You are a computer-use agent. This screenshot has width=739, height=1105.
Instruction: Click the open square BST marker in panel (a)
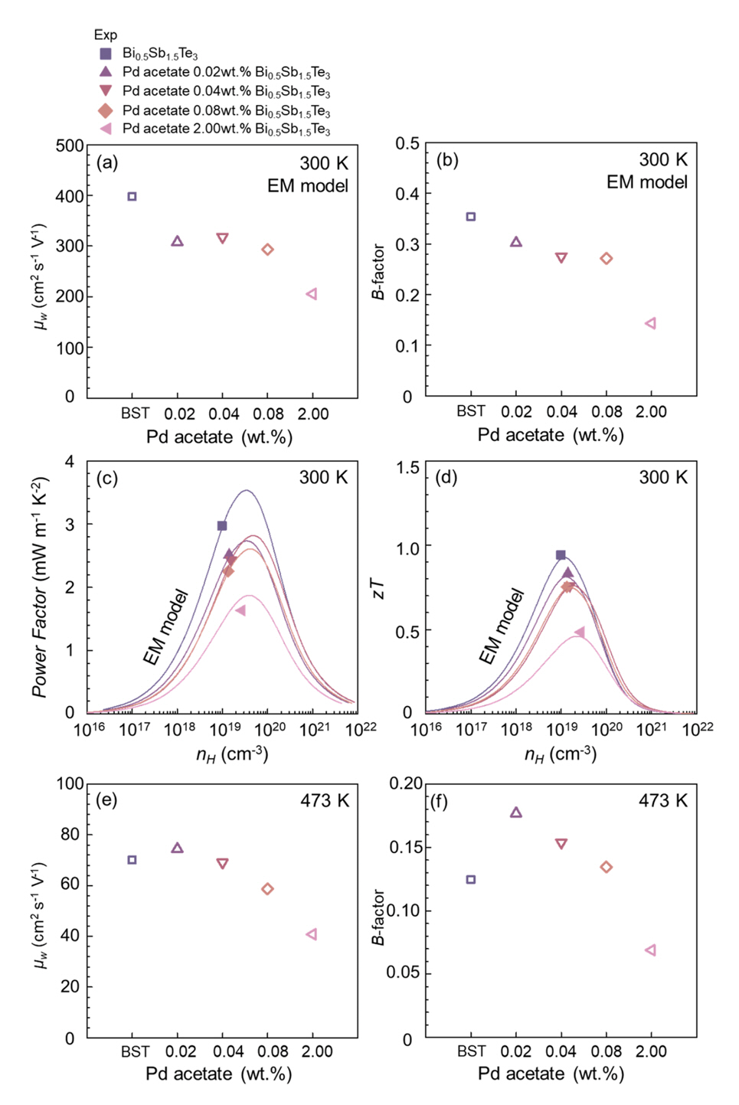click(132, 197)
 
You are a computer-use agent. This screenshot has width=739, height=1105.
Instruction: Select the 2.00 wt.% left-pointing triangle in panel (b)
click(651, 323)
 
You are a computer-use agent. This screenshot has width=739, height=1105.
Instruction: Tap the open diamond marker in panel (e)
click(267, 889)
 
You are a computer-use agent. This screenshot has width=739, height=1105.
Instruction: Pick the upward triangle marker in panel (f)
click(516, 812)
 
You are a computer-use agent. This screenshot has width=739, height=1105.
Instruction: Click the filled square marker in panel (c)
click(222, 526)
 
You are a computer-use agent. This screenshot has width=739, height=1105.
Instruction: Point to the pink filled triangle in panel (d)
click(580, 633)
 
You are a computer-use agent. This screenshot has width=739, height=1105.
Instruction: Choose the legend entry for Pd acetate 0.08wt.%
click(226, 110)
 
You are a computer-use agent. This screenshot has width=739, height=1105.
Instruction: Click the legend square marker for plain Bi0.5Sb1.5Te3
click(106, 54)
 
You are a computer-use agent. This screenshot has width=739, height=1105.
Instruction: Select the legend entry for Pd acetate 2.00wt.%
click(226, 129)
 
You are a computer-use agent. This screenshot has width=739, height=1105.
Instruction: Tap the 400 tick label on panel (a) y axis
click(70, 196)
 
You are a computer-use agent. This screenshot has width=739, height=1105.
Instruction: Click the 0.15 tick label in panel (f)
click(405, 848)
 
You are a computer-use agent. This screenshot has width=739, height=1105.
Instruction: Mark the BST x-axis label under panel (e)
click(135, 1051)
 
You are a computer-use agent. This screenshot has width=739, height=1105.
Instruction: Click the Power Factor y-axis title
click(41, 587)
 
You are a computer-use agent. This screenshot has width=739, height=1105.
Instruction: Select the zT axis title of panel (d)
click(378, 588)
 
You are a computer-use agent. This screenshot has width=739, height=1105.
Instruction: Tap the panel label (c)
click(107, 479)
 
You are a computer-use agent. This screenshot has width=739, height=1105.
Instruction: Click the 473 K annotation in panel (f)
click(663, 801)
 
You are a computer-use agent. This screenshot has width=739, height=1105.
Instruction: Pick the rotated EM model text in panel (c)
click(165, 627)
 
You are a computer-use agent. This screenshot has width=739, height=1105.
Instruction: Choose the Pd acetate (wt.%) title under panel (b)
click(551, 435)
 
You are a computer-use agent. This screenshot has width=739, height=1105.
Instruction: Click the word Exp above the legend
click(106, 34)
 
